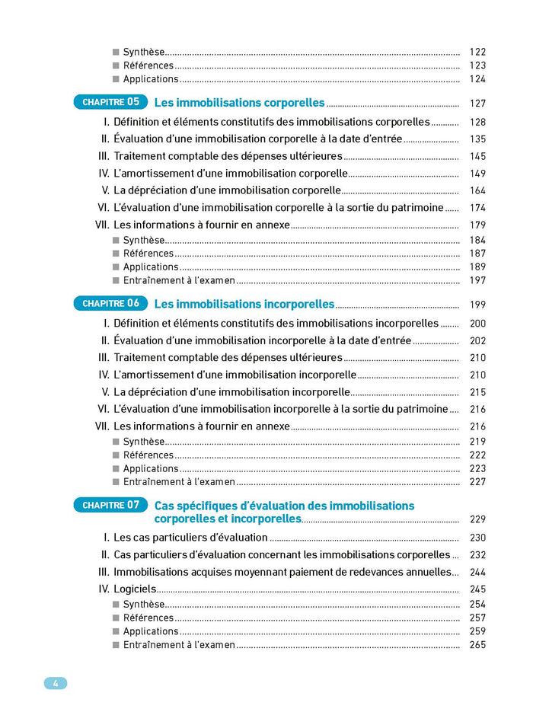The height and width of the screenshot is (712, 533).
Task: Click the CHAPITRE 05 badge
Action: (111, 101)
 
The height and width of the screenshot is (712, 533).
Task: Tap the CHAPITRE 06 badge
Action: (111, 303)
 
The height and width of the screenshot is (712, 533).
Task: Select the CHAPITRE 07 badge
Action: (111, 504)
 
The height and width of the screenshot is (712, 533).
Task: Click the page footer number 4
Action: (56, 683)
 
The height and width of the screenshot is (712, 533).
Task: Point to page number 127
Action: (477, 104)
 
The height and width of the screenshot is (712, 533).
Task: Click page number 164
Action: (477, 190)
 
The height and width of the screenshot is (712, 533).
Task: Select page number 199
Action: (477, 305)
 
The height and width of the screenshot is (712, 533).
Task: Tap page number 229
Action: (477, 519)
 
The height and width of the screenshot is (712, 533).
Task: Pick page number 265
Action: (477, 645)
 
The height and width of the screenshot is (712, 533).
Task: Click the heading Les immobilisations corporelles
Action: (239, 103)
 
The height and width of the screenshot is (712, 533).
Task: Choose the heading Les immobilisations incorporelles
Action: (244, 304)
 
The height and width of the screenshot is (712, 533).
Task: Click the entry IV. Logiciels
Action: (135, 589)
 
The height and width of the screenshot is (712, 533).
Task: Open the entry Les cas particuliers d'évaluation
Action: (190, 538)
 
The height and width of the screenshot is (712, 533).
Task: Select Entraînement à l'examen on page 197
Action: (179, 280)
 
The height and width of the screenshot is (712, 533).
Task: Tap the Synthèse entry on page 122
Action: (144, 52)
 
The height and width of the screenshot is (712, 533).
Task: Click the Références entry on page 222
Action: (148, 455)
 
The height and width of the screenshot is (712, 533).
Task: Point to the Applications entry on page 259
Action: (151, 631)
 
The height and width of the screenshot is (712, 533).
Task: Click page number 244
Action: (477, 572)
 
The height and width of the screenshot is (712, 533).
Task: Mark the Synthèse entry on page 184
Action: (144, 240)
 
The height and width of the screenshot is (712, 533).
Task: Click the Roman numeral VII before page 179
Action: (102, 225)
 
